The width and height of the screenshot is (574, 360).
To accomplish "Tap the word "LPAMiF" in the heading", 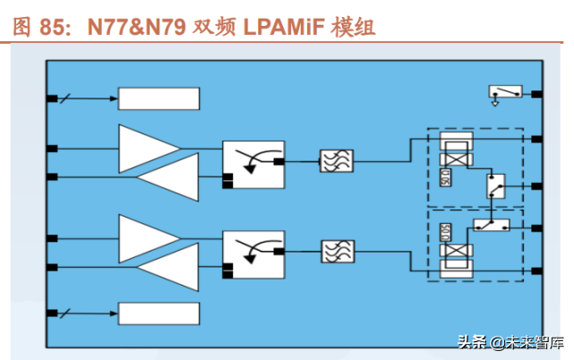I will pos(282,27).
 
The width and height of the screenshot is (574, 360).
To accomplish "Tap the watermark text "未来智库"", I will pos(535,342).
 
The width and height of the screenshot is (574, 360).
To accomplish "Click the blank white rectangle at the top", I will pos(158,99).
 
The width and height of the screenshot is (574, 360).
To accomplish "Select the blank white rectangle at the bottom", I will pos(158,314).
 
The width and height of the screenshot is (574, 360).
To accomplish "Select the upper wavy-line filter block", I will pos(337,161).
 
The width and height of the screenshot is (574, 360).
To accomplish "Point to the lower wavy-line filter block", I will pos(337,250).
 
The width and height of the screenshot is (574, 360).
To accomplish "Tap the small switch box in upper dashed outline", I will pos(494,186).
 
